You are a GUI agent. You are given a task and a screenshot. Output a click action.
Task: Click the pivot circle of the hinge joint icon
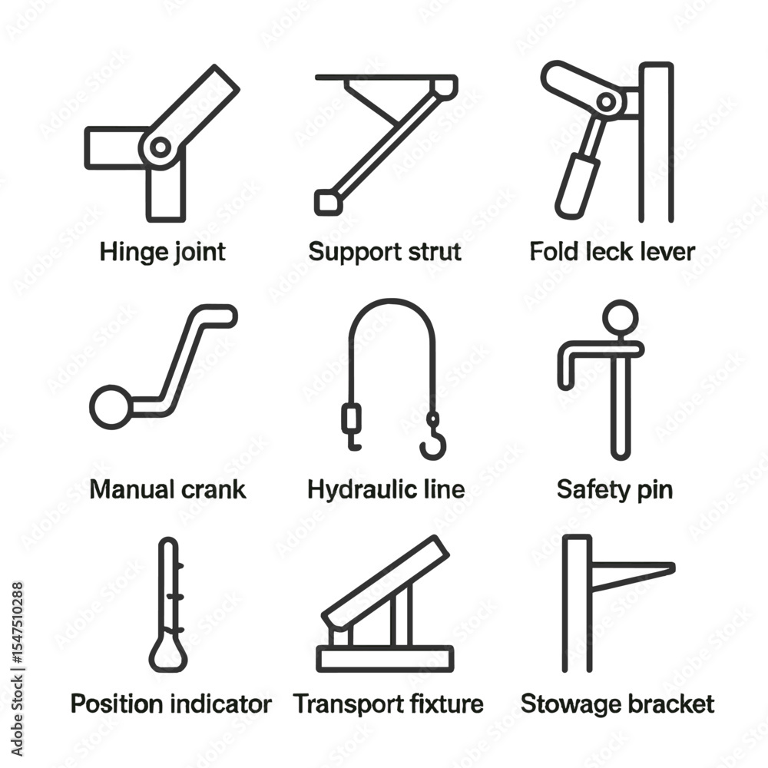point(161,147)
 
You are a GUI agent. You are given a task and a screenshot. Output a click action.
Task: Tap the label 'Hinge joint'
point(163,252)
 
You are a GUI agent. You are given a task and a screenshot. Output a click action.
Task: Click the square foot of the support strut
point(328,202)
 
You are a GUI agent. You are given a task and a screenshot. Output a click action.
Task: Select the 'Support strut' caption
point(385,252)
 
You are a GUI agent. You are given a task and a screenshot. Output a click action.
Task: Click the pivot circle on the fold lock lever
point(606,102)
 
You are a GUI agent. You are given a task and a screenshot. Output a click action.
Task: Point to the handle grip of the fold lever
point(578,186)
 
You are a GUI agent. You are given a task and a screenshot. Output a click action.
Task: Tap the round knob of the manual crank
point(111,408)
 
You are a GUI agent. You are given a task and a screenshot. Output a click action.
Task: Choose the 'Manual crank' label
point(167,489)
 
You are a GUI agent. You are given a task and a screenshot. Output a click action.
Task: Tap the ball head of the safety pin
point(620,317)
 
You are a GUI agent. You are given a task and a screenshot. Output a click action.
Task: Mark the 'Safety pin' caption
point(614,490)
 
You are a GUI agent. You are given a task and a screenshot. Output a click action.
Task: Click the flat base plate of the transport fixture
point(385,659)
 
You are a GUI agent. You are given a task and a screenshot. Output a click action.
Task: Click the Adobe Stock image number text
point(17,622)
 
